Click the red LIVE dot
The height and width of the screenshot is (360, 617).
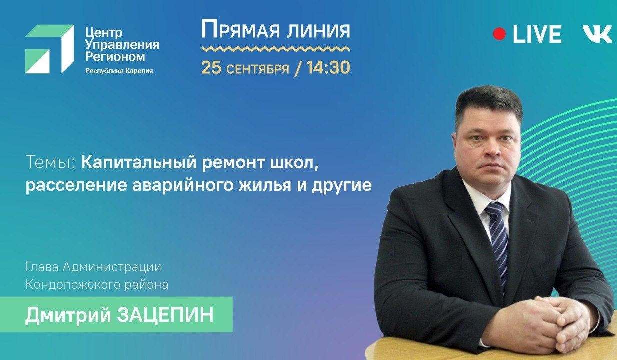[499, 34]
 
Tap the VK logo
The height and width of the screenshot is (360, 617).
[597, 34]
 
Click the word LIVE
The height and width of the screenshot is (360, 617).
[537, 34]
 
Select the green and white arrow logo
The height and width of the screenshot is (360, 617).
[50, 49]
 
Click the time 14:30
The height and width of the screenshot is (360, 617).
[328, 68]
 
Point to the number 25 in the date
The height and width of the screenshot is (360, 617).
[211, 68]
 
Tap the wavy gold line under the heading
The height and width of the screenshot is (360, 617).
[275, 49]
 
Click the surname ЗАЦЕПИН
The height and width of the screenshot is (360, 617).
[165, 315]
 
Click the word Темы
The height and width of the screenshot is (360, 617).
[50, 162]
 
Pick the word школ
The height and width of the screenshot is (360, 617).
[295, 163]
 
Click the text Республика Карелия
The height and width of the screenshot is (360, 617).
[119, 71]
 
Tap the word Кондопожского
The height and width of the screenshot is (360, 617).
[73, 285]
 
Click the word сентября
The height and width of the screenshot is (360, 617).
[258, 69]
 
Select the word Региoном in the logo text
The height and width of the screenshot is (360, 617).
[115, 57]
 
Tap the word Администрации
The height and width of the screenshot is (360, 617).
[112, 267]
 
